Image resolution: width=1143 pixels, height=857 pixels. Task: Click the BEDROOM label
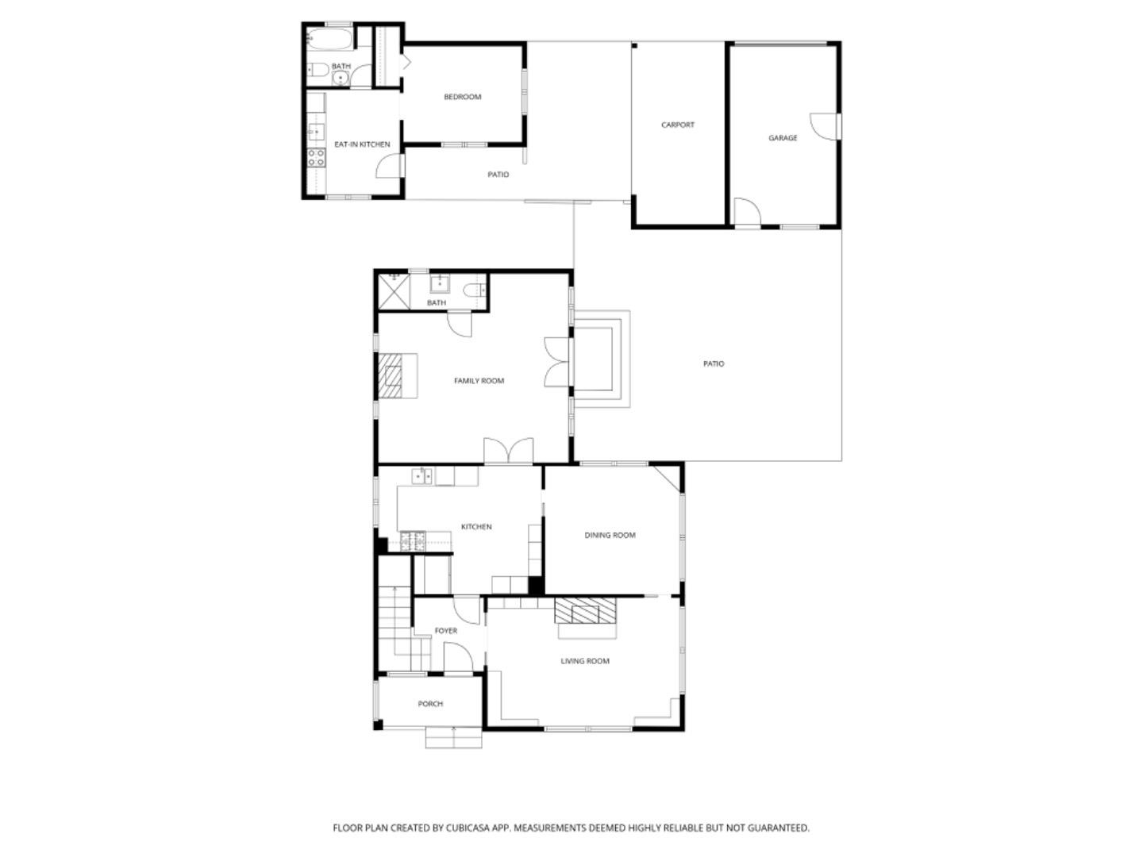[462, 98]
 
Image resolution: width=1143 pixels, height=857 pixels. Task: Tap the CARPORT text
[678, 125]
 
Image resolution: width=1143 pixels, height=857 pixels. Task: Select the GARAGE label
[782, 138]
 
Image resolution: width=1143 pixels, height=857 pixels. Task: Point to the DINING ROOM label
[610, 536]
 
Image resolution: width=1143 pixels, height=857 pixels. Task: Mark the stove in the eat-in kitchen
[316, 157]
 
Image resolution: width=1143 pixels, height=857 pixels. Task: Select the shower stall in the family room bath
[393, 290]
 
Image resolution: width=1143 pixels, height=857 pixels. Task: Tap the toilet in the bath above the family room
[475, 289]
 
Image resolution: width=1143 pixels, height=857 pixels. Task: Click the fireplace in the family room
[391, 375]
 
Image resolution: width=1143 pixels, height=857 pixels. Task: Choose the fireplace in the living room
[585, 612]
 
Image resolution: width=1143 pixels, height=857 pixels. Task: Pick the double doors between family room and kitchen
[508, 451]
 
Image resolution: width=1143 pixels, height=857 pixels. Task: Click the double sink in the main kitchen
[421, 476]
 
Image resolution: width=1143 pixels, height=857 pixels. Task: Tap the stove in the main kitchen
[414, 541]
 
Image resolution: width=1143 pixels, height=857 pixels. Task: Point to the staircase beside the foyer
[394, 627]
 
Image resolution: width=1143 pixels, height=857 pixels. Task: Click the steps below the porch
[454, 738]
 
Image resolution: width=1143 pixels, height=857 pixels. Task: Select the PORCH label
[430, 704]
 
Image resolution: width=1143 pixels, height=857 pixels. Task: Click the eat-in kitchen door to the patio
[390, 167]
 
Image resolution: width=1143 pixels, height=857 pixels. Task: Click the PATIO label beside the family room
[714, 364]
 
